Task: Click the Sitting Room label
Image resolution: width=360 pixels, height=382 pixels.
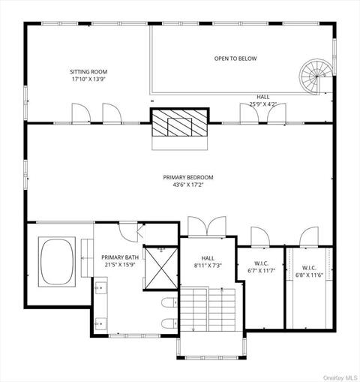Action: coord(88,72)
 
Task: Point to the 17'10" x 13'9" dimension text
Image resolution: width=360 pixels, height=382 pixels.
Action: coord(88,79)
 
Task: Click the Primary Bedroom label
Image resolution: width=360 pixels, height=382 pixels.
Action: coord(188,177)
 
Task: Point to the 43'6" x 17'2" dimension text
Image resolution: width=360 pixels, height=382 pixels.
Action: coord(188,185)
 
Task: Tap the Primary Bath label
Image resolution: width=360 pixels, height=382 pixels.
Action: coord(117,257)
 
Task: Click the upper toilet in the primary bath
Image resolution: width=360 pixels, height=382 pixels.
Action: coord(169,302)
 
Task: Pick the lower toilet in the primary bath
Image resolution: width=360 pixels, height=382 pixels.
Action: coord(169,324)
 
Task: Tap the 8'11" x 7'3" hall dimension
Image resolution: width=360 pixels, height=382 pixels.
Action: coord(207,266)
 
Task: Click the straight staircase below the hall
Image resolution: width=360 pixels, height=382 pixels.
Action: coord(210,310)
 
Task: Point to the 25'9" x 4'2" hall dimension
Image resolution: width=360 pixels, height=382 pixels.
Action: coord(263,104)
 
